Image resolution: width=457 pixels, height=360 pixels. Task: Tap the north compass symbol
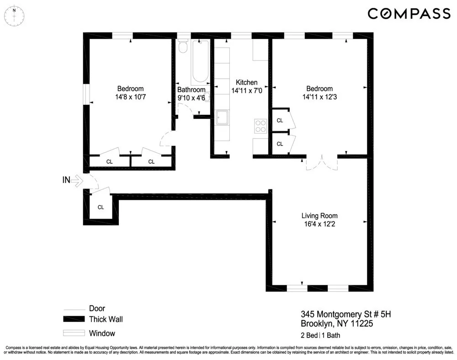click(15, 15)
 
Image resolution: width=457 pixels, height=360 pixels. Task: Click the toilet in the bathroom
click(183, 47)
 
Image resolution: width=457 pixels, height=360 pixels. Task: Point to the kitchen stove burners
click(260, 126)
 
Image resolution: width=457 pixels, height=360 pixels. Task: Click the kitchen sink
click(223, 118)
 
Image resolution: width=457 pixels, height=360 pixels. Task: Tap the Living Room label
click(319, 215)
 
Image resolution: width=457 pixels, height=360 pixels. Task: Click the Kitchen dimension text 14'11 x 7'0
click(246, 91)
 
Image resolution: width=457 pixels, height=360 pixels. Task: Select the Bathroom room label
click(191, 90)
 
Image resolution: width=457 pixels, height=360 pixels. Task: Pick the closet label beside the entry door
click(101, 207)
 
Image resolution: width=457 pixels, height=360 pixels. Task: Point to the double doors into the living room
click(322, 163)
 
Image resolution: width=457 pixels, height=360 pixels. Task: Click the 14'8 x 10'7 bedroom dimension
click(130, 97)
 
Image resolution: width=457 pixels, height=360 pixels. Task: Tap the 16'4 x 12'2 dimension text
click(319, 224)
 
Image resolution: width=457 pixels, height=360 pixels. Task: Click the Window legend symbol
click(74, 333)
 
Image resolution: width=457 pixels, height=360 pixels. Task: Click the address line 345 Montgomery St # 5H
click(346, 314)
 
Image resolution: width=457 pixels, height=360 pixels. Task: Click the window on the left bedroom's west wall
click(85, 95)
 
